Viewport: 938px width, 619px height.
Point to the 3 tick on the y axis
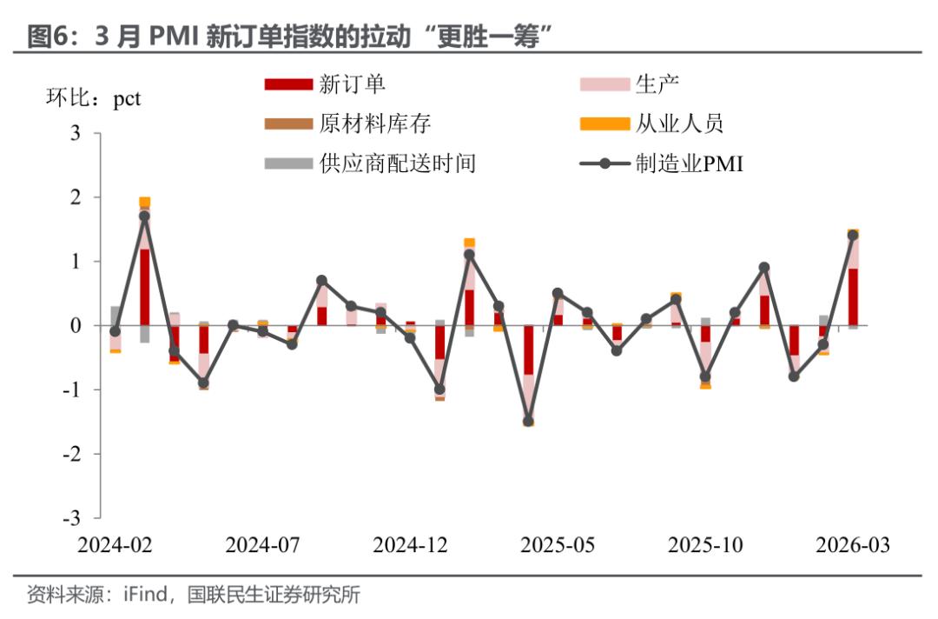pos(75,134)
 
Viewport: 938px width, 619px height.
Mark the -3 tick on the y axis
pos(71,517)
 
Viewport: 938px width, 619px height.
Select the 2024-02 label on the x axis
pos(115,545)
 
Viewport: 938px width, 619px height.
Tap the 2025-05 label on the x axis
pos(558,545)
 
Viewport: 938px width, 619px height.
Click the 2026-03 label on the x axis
pos(853,545)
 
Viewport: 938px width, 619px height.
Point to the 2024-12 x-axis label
pos(410,545)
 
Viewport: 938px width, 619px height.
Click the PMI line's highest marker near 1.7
pos(144,216)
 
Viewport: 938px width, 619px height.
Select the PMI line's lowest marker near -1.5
pos(528,421)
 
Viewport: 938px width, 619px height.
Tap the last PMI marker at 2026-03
pos(853,236)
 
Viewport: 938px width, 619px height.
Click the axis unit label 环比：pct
pos(92,98)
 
